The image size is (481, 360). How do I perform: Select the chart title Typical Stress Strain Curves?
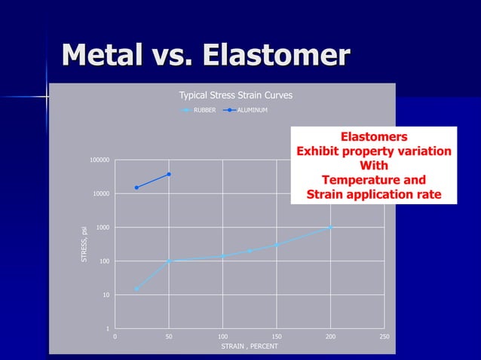point(235,96)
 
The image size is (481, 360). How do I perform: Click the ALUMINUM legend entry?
point(252,111)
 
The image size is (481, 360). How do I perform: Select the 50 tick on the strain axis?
point(169,336)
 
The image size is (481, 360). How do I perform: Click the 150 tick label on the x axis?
point(277,336)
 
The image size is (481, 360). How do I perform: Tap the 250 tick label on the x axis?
point(384,336)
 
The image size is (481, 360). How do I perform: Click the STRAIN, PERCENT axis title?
point(250,346)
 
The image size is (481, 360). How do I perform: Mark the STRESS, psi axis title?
point(84,240)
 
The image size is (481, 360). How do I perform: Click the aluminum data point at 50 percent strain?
point(169,174)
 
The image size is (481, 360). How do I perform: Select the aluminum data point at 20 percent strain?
point(136,188)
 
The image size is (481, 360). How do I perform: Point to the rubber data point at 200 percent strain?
point(330,227)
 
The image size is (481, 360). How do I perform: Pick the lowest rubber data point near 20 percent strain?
point(136,288)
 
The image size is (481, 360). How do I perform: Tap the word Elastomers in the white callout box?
point(374,137)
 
